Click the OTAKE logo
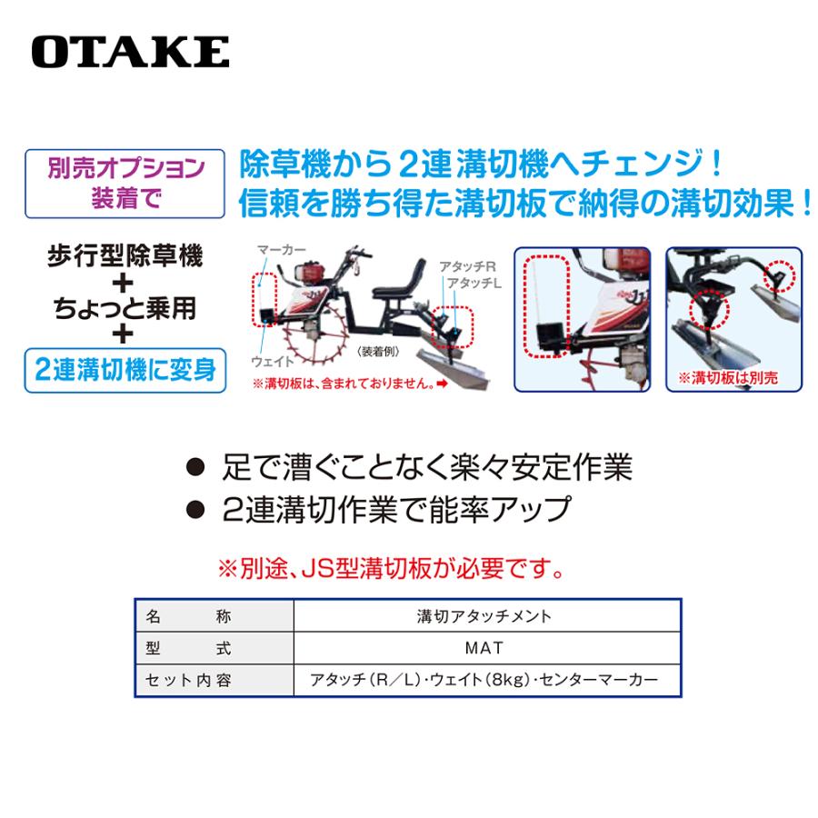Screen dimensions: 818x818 pyautogui.click(x=130, y=52)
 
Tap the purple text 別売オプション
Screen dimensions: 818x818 pyautogui.click(x=125, y=169)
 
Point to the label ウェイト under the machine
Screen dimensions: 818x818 pyautogui.click(x=272, y=361)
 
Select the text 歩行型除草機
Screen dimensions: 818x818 pyautogui.click(x=125, y=255)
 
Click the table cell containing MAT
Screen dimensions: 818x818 pyautogui.click(x=489, y=649)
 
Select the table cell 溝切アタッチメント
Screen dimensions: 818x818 pyautogui.click(x=489, y=616)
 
